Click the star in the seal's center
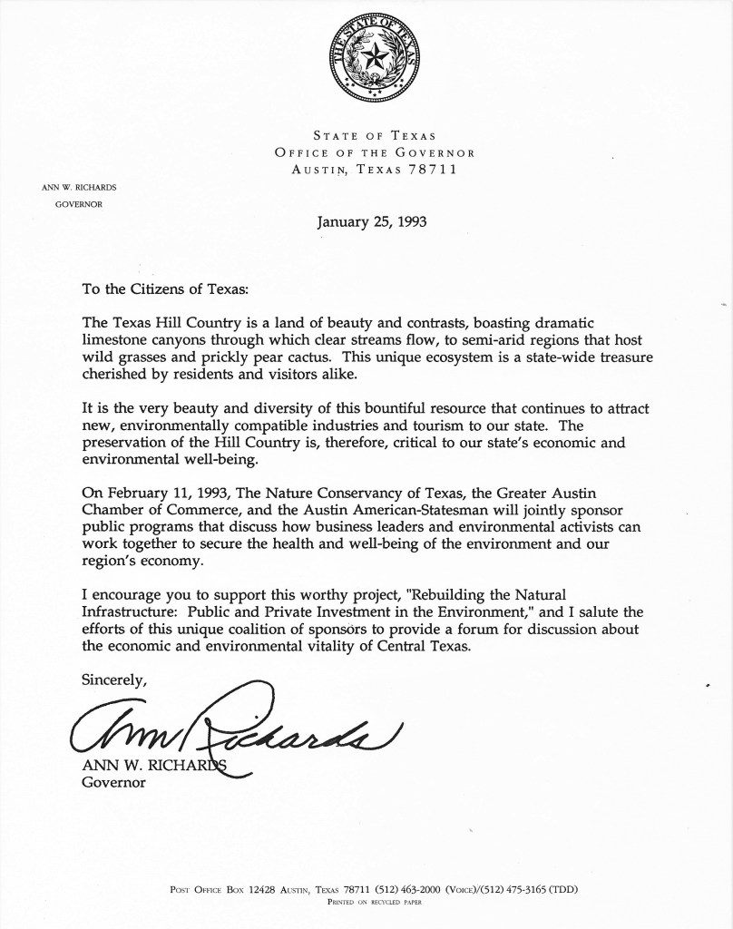click(374, 61)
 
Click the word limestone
click(113, 338)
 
